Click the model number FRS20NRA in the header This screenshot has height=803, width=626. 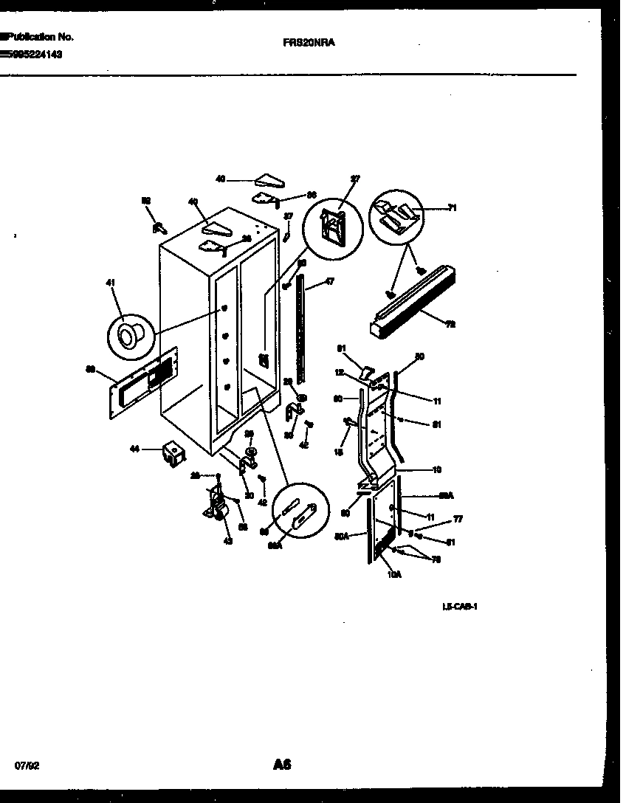point(309,43)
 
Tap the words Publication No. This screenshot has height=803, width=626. point(38,37)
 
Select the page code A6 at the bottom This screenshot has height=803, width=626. point(282,765)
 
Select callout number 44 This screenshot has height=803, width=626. point(135,449)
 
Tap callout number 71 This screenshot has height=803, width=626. point(452,209)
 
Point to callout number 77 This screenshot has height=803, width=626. point(458,520)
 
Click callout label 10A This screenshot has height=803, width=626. point(393,573)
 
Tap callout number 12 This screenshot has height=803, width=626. point(338,372)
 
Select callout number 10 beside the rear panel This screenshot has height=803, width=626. point(436,469)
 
